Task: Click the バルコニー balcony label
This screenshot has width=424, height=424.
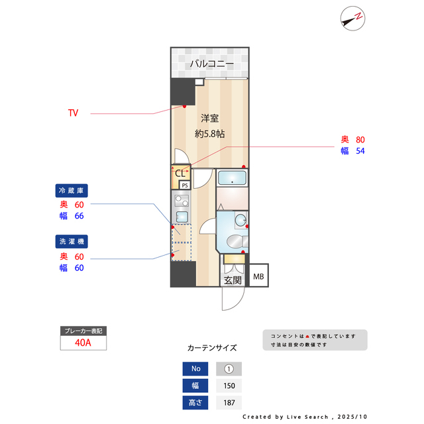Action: pos(211,64)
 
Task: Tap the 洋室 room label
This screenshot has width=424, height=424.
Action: pos(210,119)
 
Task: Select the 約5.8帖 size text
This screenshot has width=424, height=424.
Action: pos(209,133)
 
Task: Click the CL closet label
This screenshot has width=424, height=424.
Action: pos(180,174)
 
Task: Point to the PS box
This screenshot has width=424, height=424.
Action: pos(185,185)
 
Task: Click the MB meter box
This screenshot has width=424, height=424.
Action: pos(258,276)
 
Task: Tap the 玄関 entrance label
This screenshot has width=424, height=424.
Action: pos(233,280)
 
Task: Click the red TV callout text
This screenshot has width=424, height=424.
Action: pos(73,113)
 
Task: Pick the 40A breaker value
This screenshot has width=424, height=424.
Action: pos(83,343)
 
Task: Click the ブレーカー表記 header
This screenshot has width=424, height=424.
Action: pos(83,331)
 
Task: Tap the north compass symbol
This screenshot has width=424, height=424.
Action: pos(352,18)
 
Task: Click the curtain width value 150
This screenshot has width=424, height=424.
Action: pos(229,386)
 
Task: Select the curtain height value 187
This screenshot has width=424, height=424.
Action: pos(229,402)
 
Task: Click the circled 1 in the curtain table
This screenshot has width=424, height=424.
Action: pos(229,369)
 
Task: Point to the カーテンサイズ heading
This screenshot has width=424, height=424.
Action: pos(212,348)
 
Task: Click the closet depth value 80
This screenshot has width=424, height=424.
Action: pos(360,140)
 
